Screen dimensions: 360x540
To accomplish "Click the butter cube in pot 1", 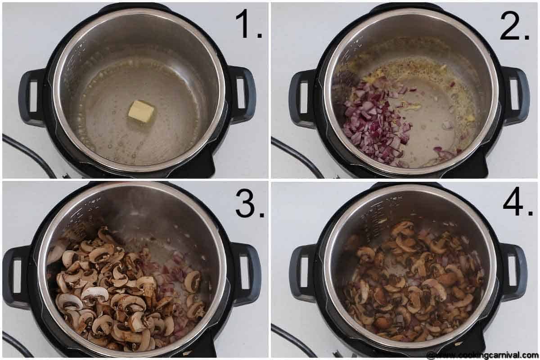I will click(141, 111).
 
